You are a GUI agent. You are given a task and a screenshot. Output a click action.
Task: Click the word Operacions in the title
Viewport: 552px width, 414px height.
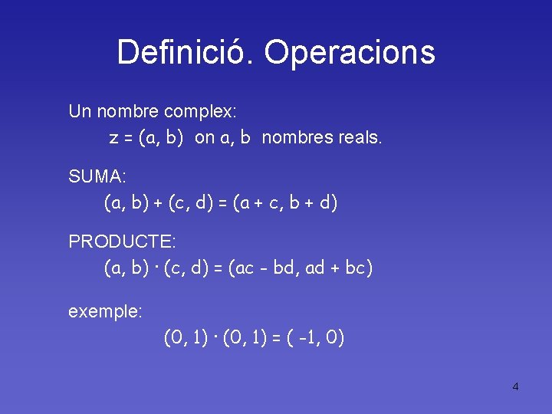click(x=349, y=52)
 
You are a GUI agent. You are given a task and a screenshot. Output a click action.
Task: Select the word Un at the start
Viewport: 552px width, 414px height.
click(x=79, y=111)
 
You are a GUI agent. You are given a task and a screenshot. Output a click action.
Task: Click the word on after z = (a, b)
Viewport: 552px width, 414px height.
click(x=205, y=139)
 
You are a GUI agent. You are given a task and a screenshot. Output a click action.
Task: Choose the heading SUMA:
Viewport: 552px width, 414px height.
click(x=97, y=176)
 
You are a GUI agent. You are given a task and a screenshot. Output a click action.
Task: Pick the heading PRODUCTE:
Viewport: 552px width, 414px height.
click(x=123, y=242)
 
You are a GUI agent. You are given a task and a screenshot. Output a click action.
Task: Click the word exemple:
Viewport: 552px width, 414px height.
click(x=104, y=311)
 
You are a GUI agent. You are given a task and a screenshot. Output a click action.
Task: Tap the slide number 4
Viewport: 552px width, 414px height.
click(x=515, y=386)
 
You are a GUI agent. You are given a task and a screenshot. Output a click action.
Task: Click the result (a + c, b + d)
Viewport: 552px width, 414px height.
click(x=284, y=203)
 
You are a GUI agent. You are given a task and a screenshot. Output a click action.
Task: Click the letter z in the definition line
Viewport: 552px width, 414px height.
click(x=113, y=139)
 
